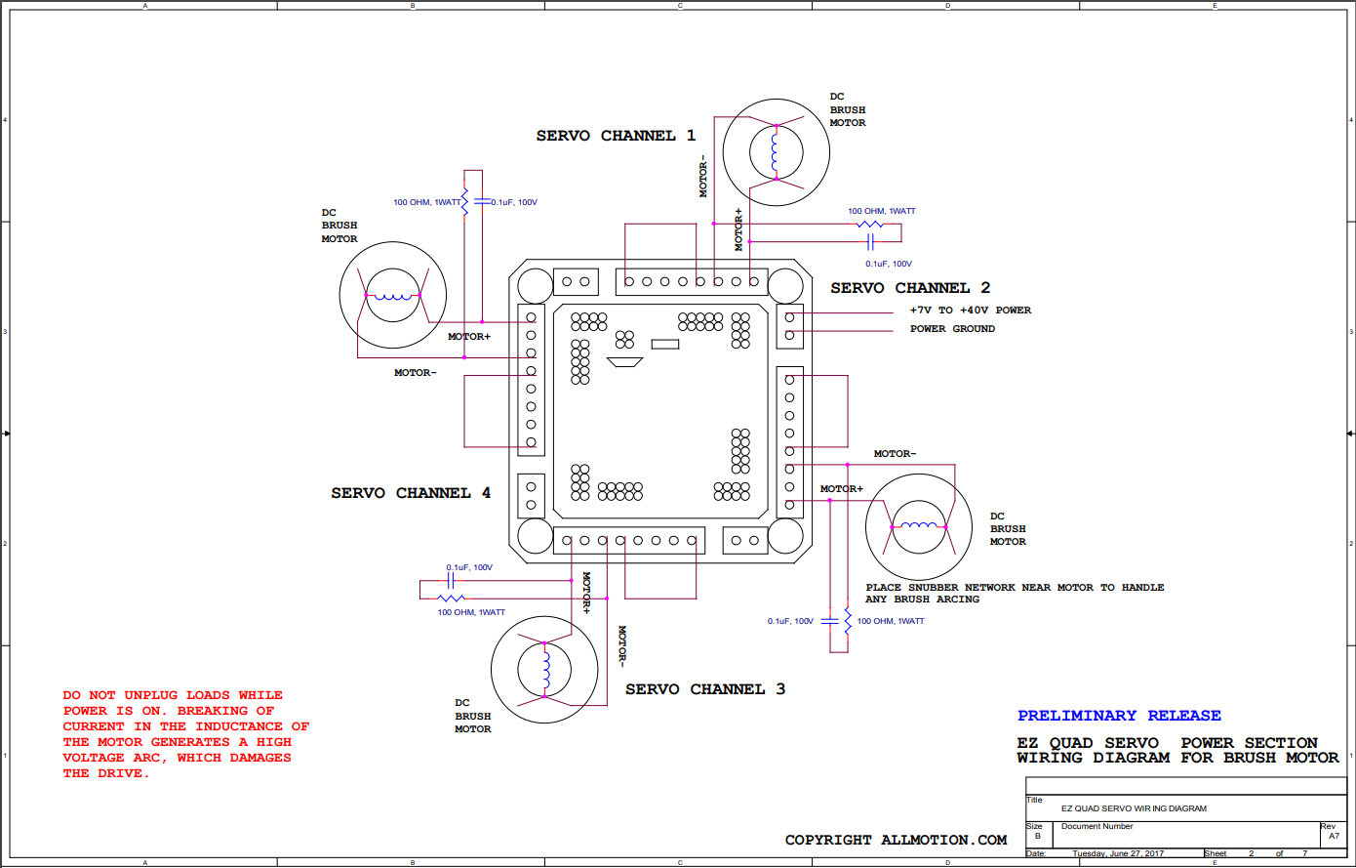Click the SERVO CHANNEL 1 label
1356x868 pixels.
pos(616,136)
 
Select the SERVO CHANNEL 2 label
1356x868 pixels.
pos(910,288)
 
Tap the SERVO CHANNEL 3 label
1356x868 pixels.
pos(705,689)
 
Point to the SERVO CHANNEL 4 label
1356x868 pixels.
pos(411,493)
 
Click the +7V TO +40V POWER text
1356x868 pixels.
pos(970,310)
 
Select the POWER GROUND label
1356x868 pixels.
pos(952,329)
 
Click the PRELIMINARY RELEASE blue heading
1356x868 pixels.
pos(1119,716)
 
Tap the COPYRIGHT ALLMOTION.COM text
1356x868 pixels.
pos(896,840)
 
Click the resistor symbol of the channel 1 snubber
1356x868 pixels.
pos(870,225)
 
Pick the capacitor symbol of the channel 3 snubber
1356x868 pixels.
pos(451,582)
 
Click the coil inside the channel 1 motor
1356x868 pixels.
pos(775,152)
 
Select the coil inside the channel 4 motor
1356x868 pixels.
pos(393,297)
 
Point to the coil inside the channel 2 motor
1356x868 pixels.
pos(918,524)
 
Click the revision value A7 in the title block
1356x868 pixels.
pos(1335,836)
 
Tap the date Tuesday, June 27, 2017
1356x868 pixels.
pos(1118,853)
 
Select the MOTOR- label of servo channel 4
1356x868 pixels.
pos(416,373)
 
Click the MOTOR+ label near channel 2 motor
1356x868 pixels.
pos(842,489)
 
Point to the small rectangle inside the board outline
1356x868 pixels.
pos(664,344)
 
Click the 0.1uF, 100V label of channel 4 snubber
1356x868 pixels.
pos(514,202)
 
